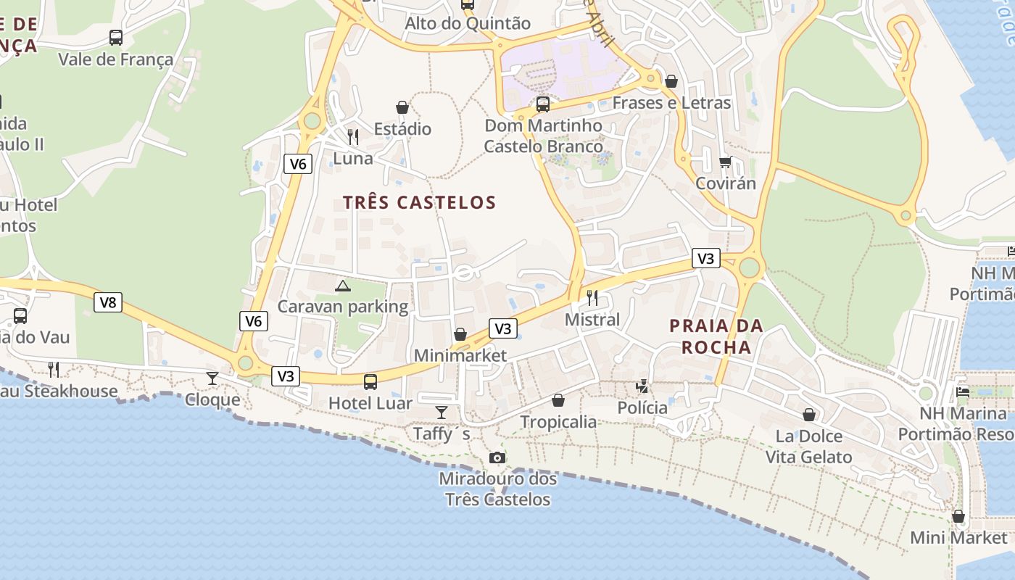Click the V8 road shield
tap(108, 302)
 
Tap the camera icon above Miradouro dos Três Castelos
tap(497, 457)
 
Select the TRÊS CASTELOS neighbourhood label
tap(420, 202)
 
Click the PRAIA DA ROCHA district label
tap(716, 336)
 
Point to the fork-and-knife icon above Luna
tap(353, 136)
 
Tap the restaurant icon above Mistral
tap(592, 297)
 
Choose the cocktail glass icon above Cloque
tap(212, 378)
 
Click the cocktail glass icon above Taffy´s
tap(442, 413)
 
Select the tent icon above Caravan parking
tap(343, 286)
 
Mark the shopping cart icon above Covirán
tap(726, 162)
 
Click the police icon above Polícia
tap(642, 386)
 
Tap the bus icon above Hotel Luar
tap(370, 381)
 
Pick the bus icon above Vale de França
tap(116, 38)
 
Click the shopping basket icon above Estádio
tap(402, 107)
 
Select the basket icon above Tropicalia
tap(558, 400)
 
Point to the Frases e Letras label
tap(671, 103)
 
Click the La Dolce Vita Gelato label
tap(809, 447)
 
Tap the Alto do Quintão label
tap(468, 23)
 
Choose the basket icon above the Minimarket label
tap(460, 334)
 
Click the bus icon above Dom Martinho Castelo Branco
tap(543, 104)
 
